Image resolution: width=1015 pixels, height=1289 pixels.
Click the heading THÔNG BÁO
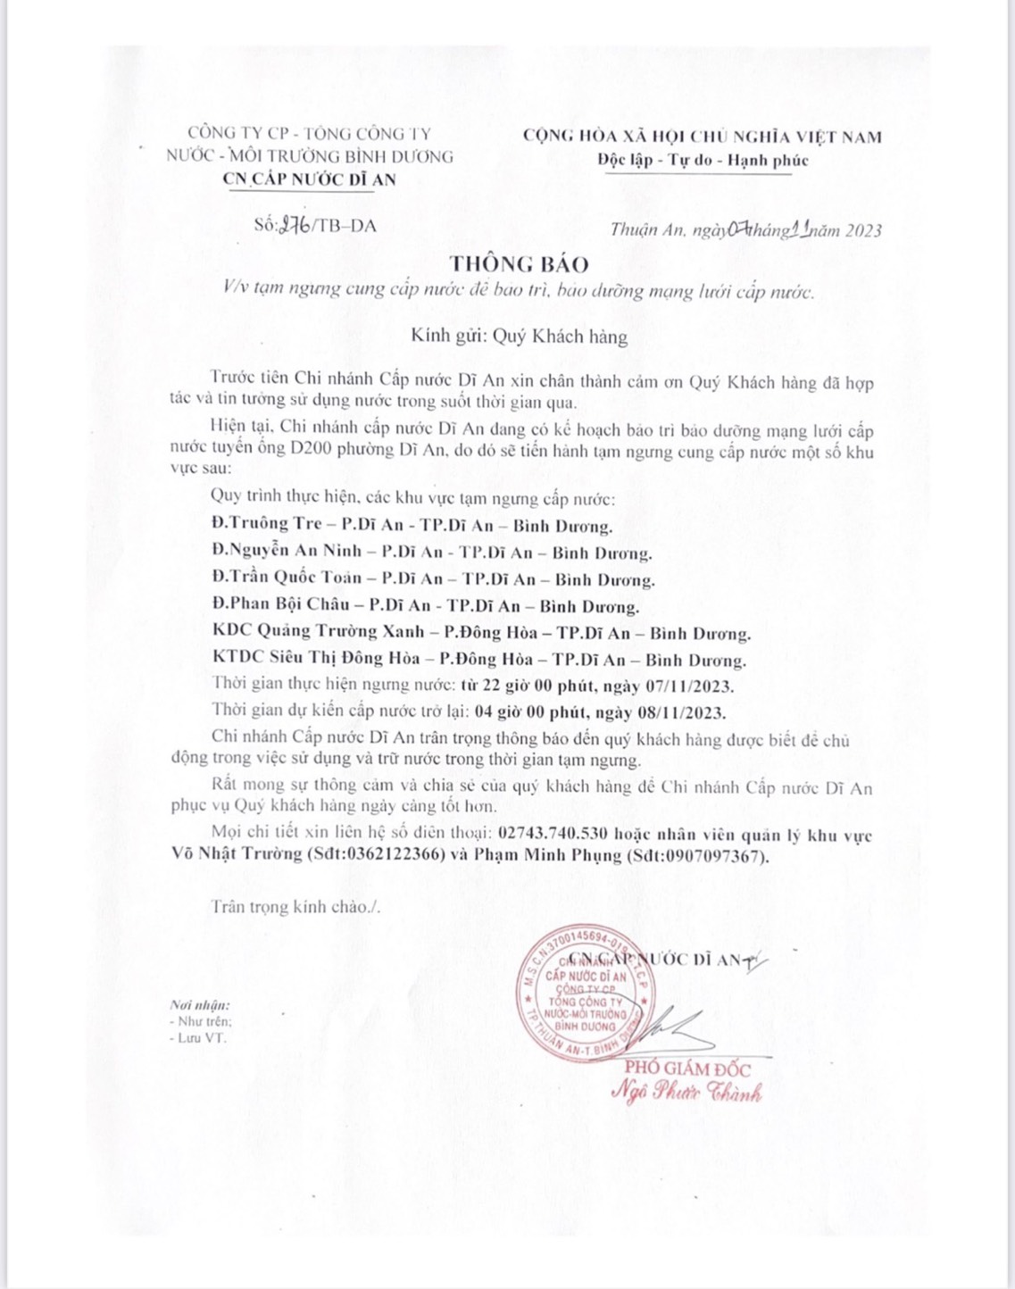519,264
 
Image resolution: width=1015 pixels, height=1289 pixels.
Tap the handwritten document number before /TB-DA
295,225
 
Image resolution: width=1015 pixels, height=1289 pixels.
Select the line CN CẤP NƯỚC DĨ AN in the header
309,179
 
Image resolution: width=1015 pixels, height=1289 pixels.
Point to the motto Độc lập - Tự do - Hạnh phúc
703,161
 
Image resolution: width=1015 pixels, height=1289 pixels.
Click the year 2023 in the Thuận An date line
863,230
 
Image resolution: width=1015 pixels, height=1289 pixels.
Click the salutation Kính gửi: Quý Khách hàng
519,337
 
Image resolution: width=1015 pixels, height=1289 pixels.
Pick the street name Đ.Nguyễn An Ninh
287,551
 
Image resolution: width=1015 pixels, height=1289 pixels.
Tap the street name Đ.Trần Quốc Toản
287,578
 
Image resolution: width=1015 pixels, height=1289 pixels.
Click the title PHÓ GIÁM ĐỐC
687,1069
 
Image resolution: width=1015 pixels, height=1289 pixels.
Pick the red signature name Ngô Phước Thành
686,1092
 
